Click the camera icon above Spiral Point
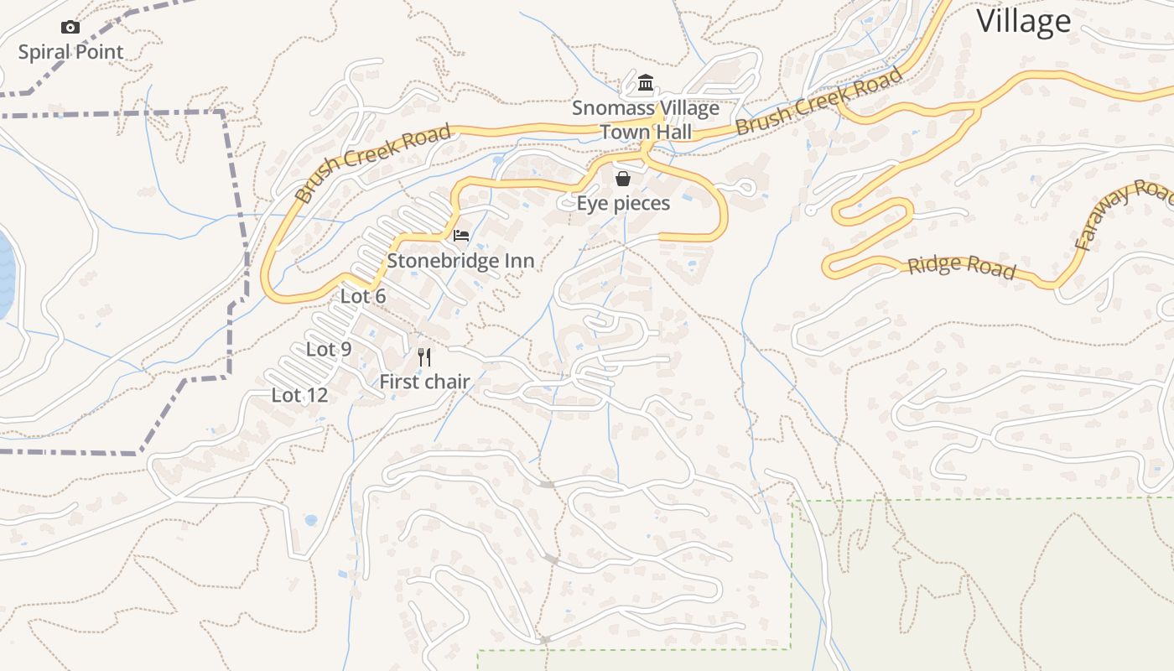pos(70,28)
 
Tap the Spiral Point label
pos(70,52)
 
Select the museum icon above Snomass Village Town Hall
pos(646,83)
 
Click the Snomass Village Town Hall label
pos(646,120)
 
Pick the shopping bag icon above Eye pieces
pos(623,179)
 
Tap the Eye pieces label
pos(623,203)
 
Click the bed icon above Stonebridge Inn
pos(460,236)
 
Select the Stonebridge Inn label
pos(460,261)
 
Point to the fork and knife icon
pos(424,358)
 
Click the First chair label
pos(424,382)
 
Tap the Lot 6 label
pos(363,296)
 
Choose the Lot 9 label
pos(329,349)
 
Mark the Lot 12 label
pos(299,394)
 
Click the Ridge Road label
pos(961,266)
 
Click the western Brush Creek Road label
pos(373,163)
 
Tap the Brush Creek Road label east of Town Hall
pos(819,101)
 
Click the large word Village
pos(1024,22)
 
